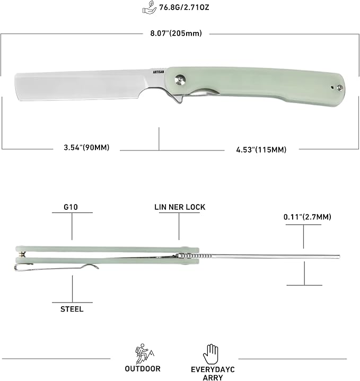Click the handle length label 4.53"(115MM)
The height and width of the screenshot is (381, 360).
261,149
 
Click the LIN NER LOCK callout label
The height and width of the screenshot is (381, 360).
179,207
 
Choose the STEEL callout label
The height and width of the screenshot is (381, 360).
72,309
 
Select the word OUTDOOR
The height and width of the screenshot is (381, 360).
143,368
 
